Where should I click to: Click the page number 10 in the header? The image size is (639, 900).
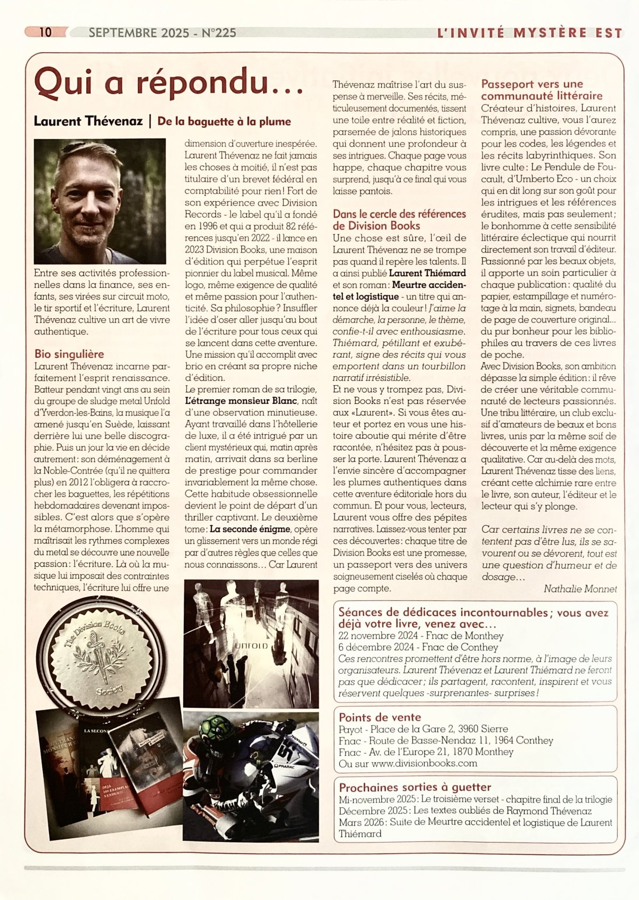click(45, 32)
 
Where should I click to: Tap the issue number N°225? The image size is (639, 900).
click(219, 32)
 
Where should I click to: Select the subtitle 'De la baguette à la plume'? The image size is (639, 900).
click(224, 121)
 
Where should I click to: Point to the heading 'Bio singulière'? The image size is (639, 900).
click(69, 354)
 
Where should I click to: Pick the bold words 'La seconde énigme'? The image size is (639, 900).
click(250, 529)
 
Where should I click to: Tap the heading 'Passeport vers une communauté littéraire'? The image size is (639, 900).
click(542, 90)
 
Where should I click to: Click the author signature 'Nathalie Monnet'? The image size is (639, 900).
click(580, 589)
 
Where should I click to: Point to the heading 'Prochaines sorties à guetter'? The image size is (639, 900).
click(415, 787)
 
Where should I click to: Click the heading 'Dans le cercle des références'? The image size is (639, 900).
click(399, 214)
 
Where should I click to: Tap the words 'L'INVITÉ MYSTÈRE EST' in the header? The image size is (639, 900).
click(529, 33)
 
